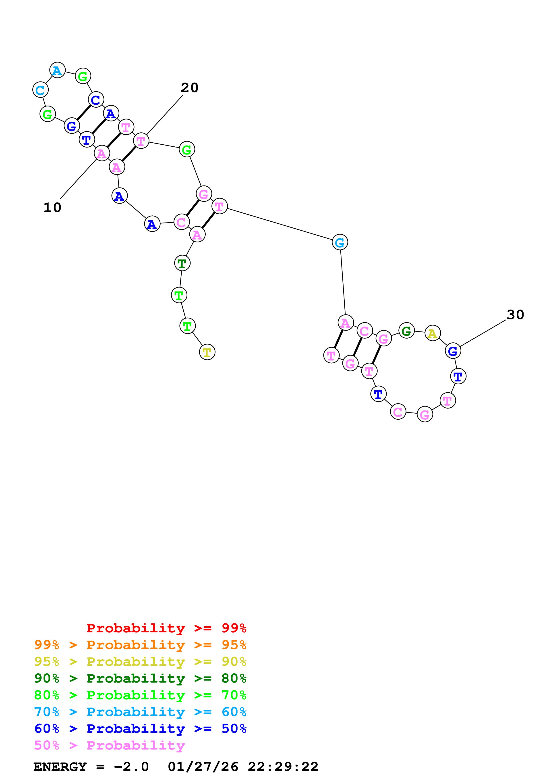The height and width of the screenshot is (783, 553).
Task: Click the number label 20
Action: [189, 88]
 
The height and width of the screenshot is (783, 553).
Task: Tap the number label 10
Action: [52, 208]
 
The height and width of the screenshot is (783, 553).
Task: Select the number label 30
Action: [515, 315]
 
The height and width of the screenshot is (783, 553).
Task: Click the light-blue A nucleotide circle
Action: [57, 70]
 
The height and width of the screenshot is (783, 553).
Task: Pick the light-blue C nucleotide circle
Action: [40, 90]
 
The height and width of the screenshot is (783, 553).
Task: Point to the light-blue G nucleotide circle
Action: [340, 242]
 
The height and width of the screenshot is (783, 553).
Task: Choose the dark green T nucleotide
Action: [182, 263]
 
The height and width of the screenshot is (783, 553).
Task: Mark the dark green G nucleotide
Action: [406, 331]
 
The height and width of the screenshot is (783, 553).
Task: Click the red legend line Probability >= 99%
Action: [166, 628]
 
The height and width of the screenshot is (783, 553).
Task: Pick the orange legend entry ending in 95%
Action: [140, 645]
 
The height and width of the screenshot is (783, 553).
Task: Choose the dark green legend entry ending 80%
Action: [140, 678]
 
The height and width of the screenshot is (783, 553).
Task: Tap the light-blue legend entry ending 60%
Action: [140, 712]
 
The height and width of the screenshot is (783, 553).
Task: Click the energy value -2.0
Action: [131, 767]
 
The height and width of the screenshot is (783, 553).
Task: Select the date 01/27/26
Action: [203, 767]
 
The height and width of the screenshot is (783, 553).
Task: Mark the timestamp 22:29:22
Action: [283, 767]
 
